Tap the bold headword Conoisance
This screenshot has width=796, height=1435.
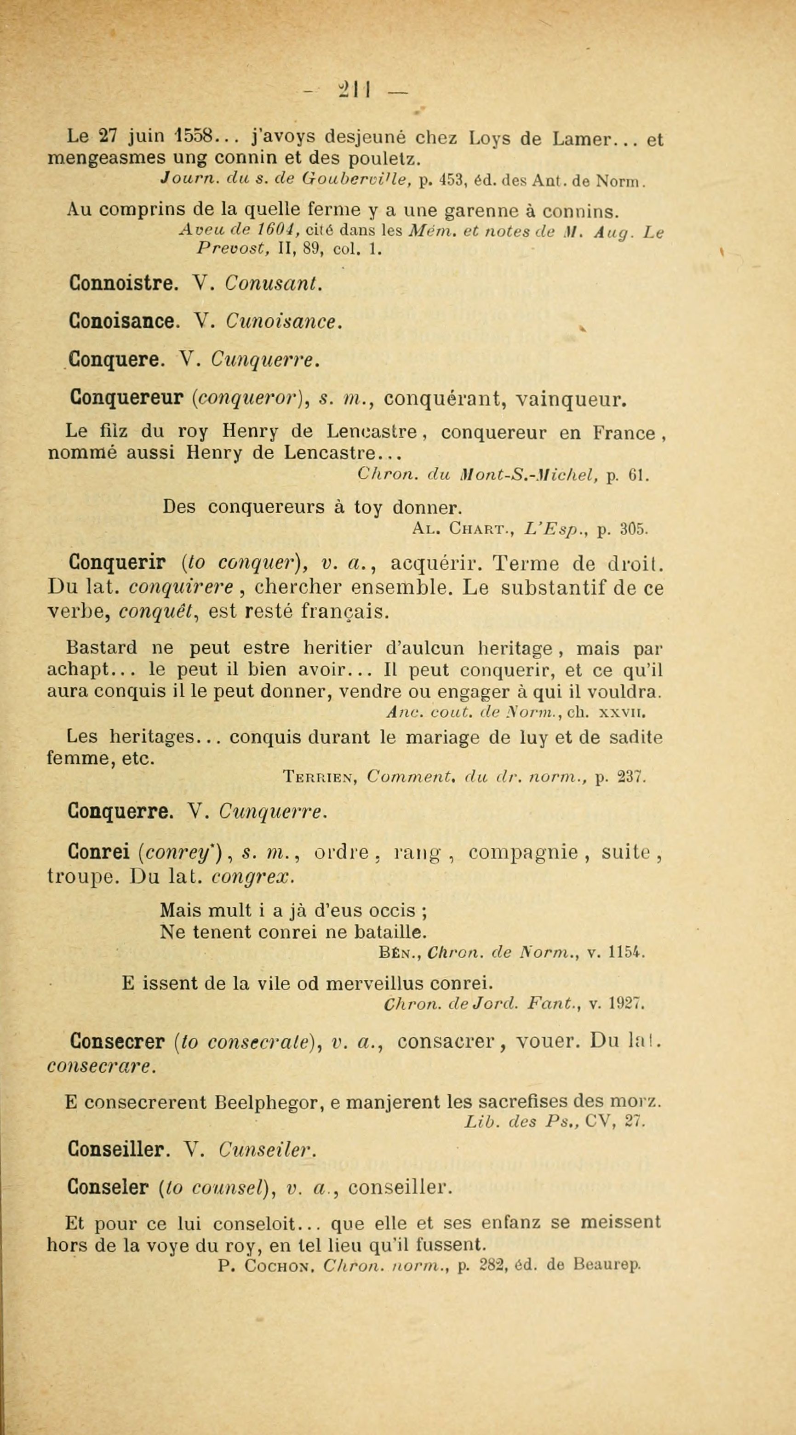point(124,321)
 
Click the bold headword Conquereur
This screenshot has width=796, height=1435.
point(127,398)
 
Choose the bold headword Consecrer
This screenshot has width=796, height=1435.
point(116,1041)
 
